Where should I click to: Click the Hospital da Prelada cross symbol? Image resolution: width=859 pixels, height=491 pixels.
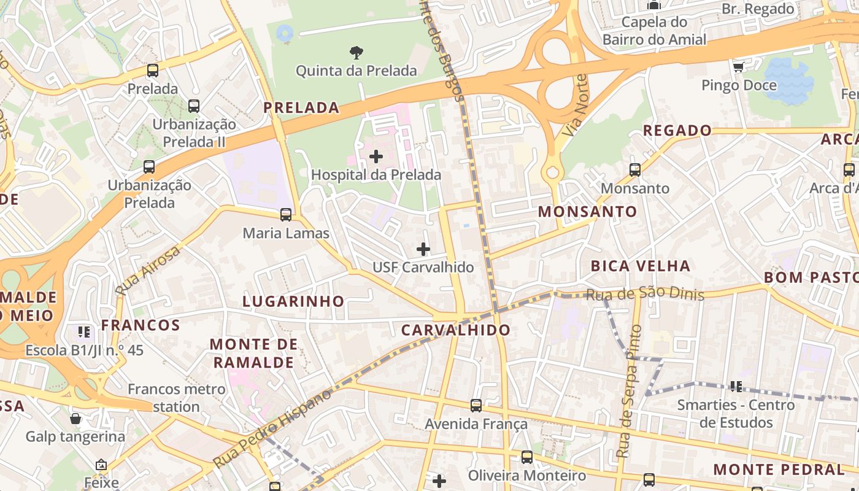tap(376, 157)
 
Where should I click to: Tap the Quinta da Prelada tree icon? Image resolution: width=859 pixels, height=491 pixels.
tap(356, 53)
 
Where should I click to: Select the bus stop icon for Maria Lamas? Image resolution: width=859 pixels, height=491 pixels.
tap(286, 215)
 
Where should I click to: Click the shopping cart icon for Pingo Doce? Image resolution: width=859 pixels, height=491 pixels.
tap(739, 67)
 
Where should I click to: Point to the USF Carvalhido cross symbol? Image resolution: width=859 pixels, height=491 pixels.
tap(423, 249)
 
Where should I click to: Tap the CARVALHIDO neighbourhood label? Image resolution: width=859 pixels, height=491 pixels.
tap(455, 330)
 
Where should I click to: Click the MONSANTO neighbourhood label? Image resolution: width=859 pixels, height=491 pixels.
tap(587, 212)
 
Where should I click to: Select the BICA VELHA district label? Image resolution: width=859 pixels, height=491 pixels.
tap(640, 266)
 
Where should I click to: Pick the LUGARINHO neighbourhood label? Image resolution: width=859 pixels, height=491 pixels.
tap(293, 301)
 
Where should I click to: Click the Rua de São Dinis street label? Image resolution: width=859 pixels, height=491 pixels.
tap(644, 294)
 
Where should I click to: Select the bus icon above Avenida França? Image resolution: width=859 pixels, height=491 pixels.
tap(476, 406)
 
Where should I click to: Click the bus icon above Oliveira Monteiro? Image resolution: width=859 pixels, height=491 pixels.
tap(526, 457)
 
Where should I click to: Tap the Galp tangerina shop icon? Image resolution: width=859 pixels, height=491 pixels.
tap(75, 419)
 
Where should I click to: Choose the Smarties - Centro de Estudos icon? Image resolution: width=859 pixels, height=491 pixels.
tap(736, 387)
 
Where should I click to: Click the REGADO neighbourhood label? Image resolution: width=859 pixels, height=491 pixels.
tap(677, 131)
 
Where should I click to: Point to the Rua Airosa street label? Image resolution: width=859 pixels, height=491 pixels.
tap(148, 270)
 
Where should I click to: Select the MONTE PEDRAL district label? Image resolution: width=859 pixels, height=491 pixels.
tap(779, 470)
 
